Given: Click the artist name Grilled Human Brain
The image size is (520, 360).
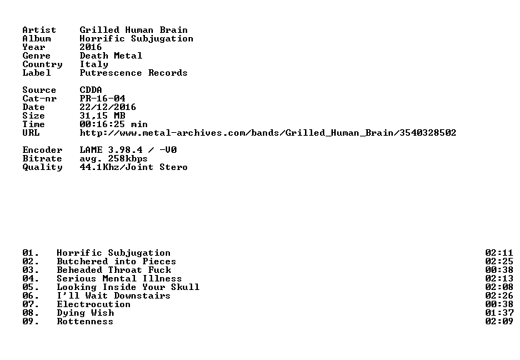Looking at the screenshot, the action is coord(134,30).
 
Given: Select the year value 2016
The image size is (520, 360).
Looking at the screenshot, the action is coord(91,47).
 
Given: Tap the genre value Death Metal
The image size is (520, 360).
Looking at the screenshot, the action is coord(111,56).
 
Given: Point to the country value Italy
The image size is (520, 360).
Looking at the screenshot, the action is coord(94,64).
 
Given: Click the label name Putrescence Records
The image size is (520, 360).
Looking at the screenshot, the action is coord(134,73).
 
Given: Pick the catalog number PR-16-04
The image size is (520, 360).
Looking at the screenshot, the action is coord(102,99).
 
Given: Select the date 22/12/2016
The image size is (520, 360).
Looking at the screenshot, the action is coord(108,107).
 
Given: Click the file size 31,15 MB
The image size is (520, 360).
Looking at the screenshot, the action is coord(102,116).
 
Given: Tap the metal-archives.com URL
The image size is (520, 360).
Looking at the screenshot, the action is coord(268,133).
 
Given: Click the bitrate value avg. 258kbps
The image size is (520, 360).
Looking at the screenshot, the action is coord(114,159).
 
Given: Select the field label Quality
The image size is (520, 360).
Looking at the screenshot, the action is coord(42,167).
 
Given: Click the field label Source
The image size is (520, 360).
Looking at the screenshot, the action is coord(39,90).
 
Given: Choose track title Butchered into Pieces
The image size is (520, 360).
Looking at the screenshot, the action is coord(116,261).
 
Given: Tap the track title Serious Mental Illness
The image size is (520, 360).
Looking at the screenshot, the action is coord(119,279).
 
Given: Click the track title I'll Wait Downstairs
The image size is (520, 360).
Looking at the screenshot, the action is coord(114,296).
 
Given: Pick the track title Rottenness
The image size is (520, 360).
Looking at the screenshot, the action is coord(85,321).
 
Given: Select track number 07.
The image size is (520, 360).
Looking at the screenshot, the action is coord(31,304).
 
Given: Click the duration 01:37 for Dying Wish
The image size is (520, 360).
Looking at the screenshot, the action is coord(499,313).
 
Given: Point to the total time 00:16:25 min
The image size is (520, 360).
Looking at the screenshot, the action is coord(114,124).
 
